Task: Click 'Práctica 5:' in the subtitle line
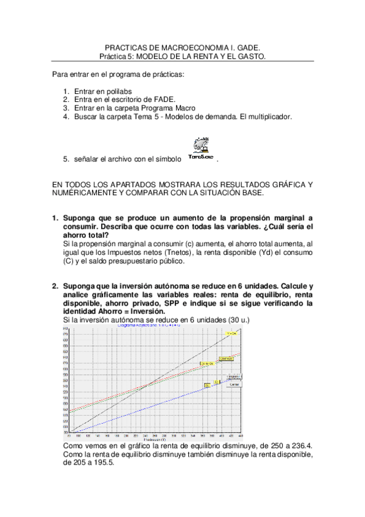[x=116, y=55]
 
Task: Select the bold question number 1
[x=55, y=218]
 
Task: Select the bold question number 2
[x=55, y=286]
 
